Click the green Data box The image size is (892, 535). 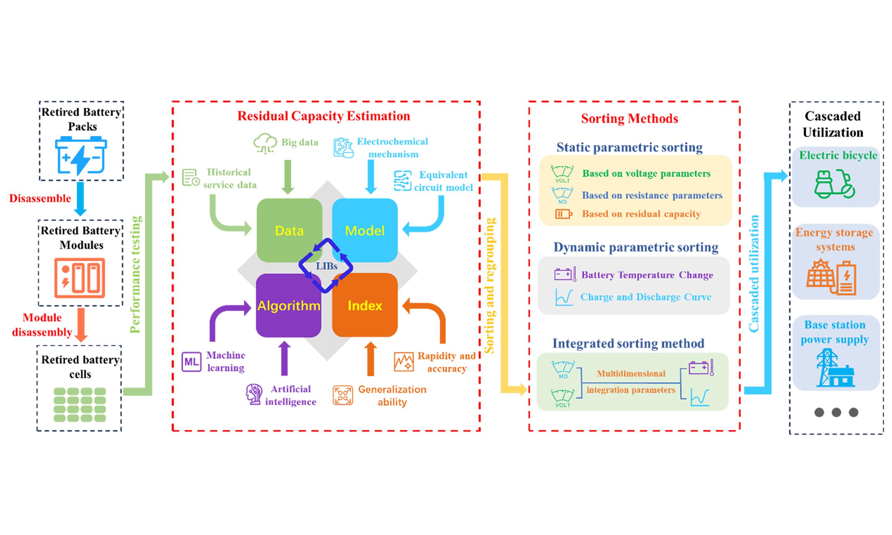[x=289, y=230]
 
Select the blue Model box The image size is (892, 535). [x=364, y=230]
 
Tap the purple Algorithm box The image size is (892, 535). [x=289, y=305]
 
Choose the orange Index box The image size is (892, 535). [x=364, y=305]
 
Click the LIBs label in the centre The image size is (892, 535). [x=326, y=266]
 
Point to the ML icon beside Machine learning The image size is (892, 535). [x=191, y=362]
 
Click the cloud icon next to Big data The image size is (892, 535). [x=265, y=144]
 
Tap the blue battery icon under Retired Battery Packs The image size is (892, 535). [x=81, y=155]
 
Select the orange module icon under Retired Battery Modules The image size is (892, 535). [x=80, y=278]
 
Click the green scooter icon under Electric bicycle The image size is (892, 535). [x=834, y=184]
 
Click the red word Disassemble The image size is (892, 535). [x=40, y=198]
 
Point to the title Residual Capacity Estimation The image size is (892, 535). [x=323, y=116]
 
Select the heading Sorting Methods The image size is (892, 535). [x=630, y=119]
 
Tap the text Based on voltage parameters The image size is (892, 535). [x=646, y=174]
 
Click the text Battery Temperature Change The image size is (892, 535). [x=647, y=275]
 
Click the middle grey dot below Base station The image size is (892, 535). [x=836, y=412]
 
